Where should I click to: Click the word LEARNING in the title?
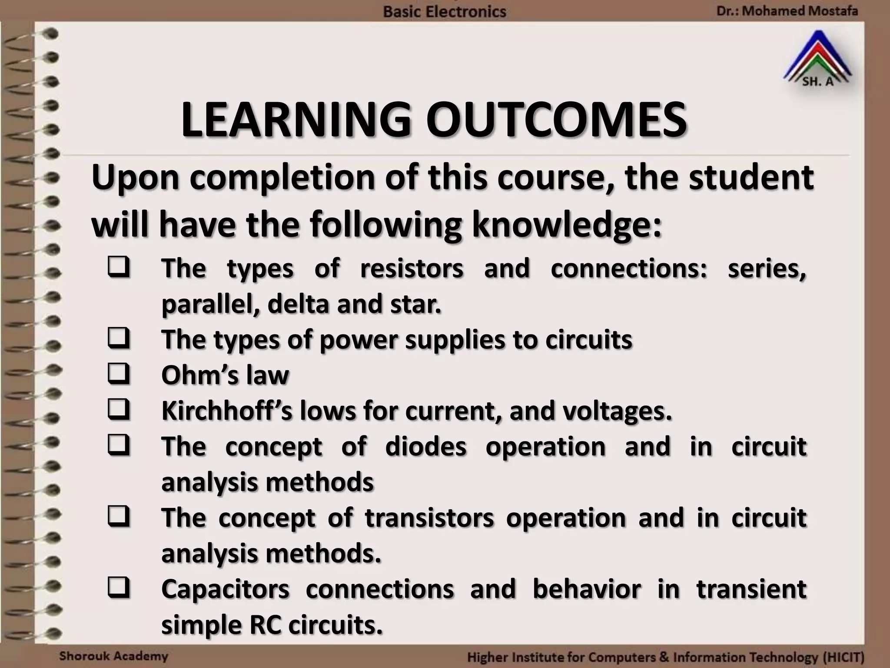click(x=296, y=120)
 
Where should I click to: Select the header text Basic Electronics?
click(x=445, y=11)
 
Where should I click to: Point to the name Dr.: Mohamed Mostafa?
click(x=787, y=10)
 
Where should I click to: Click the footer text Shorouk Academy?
click(x=113, y=656)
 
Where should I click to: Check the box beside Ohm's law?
click(x=119, y=374)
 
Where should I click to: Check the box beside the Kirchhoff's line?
click(x=119, y=410)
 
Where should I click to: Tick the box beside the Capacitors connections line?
click(x=119, y=588)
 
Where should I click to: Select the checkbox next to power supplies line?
click(x=119, y=338)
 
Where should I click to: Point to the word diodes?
click(x=425, y=446)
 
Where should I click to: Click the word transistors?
click(x=429, y=518)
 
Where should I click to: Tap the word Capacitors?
click(x=225, y=589)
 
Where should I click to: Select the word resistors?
click(x=412, y=268)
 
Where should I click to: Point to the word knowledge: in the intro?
click(x=567, y=225)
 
